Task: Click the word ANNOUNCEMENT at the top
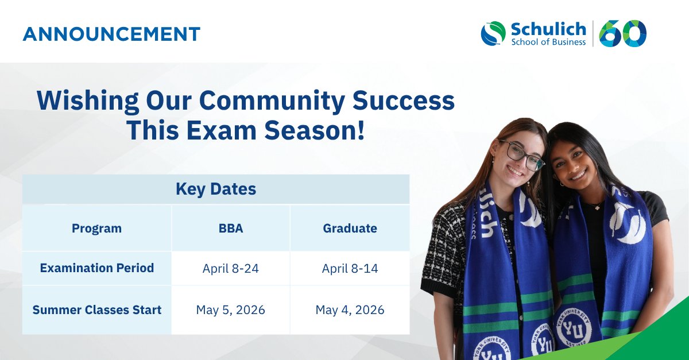[x=111, y=34]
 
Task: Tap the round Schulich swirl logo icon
[x=493, y=33]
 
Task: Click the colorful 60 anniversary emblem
[x=623, y=33]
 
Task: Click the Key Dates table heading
[x=216, y=189]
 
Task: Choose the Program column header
[x=96, y=228]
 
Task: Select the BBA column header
[x=231, y=228]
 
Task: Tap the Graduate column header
[x=350, y=228]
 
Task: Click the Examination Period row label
[x=96, y=268]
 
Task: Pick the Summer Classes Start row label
[x=96, y=310]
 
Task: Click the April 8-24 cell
[x=231, y=268]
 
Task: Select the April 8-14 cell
[x=350, y=268]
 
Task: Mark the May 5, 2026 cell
[x=231, y=310]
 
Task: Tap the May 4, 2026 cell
[x=350, y=310]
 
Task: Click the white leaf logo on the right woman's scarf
[x=627, y=223]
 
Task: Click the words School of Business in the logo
[x=548, y=41]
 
